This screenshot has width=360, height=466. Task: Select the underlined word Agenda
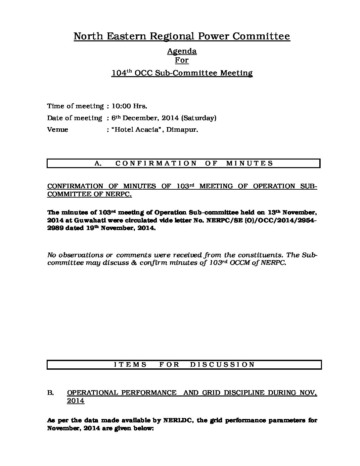click(182, 51)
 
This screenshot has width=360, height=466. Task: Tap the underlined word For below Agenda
click(182, 60)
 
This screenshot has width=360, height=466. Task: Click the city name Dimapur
click(182, 130)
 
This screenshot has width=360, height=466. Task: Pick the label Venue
click(58, 130)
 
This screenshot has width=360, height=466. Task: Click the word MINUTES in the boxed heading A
click(249, 163)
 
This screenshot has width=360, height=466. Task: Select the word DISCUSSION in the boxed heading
click(222, 365)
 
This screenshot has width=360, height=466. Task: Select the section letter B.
click(50, 393)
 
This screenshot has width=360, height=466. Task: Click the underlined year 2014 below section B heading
click(75, 401)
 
